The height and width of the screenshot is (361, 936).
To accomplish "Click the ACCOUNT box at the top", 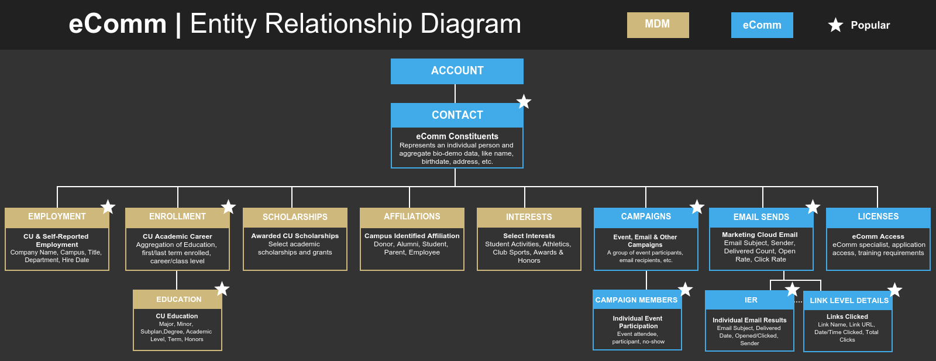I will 457,71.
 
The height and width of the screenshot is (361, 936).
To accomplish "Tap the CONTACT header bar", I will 457,115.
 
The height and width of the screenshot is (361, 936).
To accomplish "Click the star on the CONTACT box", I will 524,102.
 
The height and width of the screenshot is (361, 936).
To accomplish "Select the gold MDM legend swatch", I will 658,25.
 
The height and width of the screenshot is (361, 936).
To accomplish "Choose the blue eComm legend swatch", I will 762,25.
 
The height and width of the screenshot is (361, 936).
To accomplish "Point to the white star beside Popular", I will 835,25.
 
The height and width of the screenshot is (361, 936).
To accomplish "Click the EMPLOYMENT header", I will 57,217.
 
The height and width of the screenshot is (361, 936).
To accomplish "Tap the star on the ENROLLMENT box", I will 228,207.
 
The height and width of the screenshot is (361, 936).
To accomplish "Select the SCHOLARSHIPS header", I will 295,217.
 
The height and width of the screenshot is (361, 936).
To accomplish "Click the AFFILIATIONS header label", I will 412,216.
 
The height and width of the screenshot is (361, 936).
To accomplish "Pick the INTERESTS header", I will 529,217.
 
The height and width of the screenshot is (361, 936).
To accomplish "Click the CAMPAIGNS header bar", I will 646,217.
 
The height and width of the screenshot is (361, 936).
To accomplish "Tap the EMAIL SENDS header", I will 761,217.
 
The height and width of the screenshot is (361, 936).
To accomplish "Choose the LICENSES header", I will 878,217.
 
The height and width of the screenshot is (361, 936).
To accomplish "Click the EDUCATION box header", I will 178,300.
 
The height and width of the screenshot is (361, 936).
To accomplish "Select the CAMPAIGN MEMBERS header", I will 636,300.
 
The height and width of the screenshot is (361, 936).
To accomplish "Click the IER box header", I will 750,300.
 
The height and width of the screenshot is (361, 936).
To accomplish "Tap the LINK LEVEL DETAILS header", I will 848,301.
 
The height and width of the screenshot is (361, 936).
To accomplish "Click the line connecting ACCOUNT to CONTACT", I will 455,94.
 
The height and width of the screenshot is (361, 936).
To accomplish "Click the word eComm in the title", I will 118,25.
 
